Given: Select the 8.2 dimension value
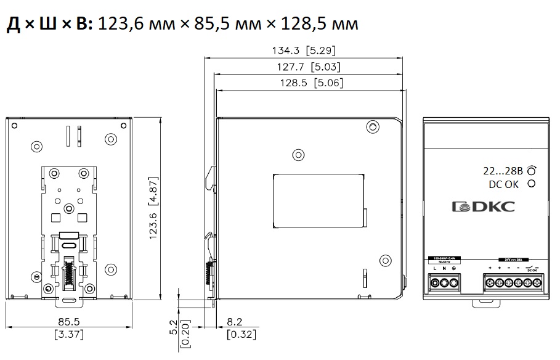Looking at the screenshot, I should tap(235, 322).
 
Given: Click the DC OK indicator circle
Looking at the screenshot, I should tap(530, 184).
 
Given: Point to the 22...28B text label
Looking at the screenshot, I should tap(503, 171).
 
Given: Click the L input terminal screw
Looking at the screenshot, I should tap(435, 283).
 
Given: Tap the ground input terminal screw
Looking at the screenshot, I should tap(455, 283).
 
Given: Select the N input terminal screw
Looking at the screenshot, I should tap(445, 283).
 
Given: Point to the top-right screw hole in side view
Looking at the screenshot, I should tap(371, 127).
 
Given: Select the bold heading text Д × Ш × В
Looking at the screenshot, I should tap(49, 24).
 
